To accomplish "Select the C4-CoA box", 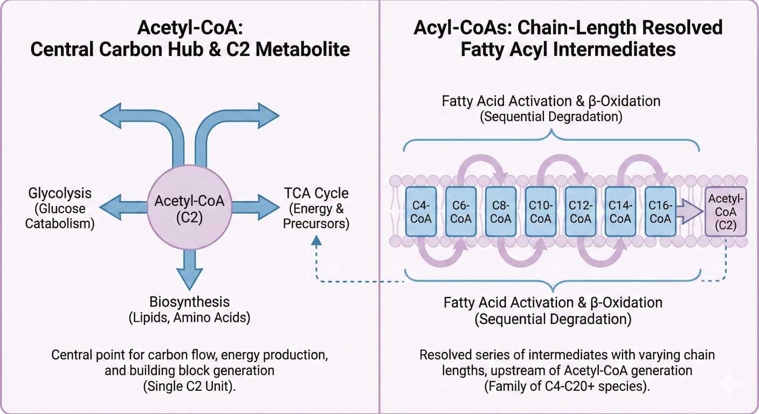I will (x=420, y=212).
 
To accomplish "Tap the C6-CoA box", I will (x=460, y=212).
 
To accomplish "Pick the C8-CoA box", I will (x=501, y=212).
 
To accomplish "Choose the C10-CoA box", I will (x=541, y=212).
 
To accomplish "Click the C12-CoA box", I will (x=581, y=212).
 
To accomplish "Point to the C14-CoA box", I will (x=620, y=212).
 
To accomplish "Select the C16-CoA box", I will (x=660, y=212).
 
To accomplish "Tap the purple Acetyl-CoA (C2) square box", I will (x=726, y=212).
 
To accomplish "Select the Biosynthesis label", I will (x=189, y=302).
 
